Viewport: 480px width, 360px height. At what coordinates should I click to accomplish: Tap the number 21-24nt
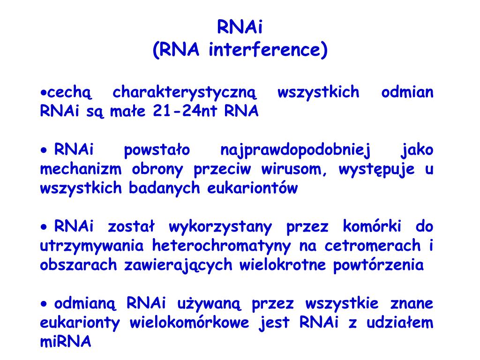click(x=187, y=112)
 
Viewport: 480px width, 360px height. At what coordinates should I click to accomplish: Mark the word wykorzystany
click(x=220, y=227)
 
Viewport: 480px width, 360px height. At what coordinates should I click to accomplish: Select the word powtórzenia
click(x=378, y=265)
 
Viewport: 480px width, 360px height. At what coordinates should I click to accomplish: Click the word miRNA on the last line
click(x=65, y=342)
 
